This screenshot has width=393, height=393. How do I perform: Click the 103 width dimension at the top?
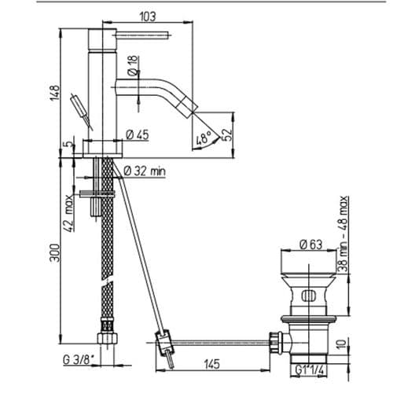pyautogui.click(x=148, y=17)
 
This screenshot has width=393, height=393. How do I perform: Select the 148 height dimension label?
pyautogui.click(x=55, y=92)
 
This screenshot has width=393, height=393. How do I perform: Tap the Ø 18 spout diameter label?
pyautogui.click(x=134, y=65)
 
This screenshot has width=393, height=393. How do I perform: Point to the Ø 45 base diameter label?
pyautogui.click(x=138, y=134)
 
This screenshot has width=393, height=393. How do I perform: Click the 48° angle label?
pyautogui.click(x=204, y=138)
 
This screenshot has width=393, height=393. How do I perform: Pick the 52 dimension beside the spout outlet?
pyautogui.click(x=227, y=134)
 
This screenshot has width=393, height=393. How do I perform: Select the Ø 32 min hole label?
pyautogui.click(x=145, y=171)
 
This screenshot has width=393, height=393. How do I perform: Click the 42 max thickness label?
pyautogui.click(x=68, y=213)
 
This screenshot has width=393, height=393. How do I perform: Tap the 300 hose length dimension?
pyautogui.click(x=55, y=253)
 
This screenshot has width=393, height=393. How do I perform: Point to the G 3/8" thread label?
pyautogui.click(x=79, y=359)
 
